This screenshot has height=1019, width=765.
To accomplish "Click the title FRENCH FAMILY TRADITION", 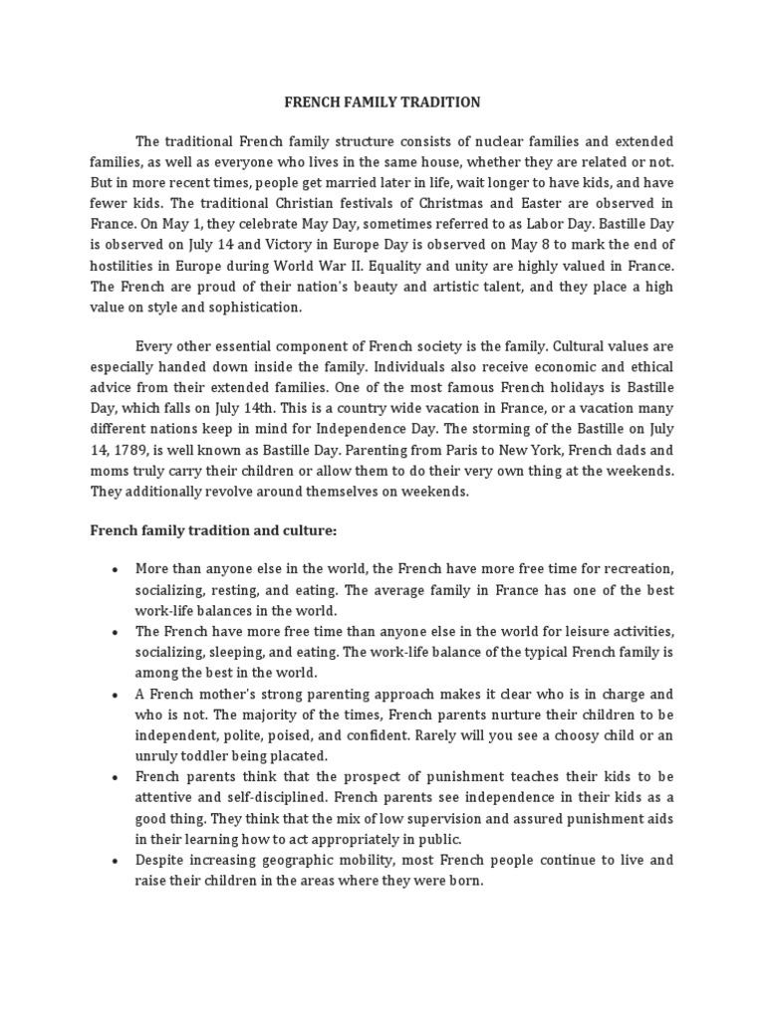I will click(x=382, y=102).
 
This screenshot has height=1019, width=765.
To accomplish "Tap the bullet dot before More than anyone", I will click(x=116, y=570).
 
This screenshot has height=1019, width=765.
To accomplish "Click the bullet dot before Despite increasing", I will click(x=116, y=860).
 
